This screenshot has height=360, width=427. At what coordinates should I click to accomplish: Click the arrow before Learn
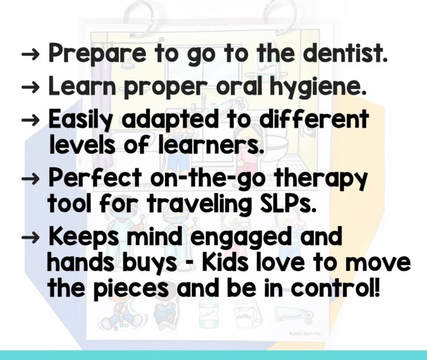tap(30, 88)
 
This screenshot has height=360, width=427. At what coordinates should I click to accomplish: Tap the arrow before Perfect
tap(30, 179)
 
